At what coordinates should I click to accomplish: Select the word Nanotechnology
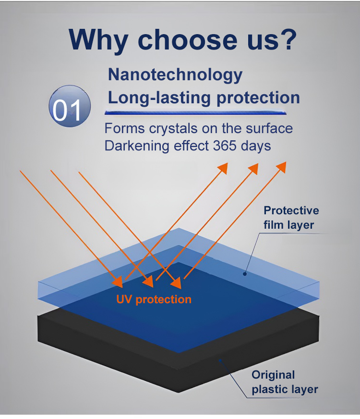[x=175, y=75]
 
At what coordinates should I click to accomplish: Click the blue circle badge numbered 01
[x=70, y=106]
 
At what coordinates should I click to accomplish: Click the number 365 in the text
[x=225, y=146]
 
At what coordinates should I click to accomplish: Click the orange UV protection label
[x=154, y=299]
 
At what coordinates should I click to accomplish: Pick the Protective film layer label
[x=291, y=218]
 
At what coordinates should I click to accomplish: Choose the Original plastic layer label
[x=285, y=382]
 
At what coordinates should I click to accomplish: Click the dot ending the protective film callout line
[x=245, y=273]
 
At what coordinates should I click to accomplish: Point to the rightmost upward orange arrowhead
[x=281, y=167]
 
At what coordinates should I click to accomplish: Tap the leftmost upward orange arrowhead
[x=223, y=168]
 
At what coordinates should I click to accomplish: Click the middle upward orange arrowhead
[x=253, y=169]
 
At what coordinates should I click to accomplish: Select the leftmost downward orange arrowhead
[x=118, y=282]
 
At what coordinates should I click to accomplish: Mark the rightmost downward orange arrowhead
[x=176, y=283]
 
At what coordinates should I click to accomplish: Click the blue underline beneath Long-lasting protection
[x=196, y=112]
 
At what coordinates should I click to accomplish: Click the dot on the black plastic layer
[x=220, y=360]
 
